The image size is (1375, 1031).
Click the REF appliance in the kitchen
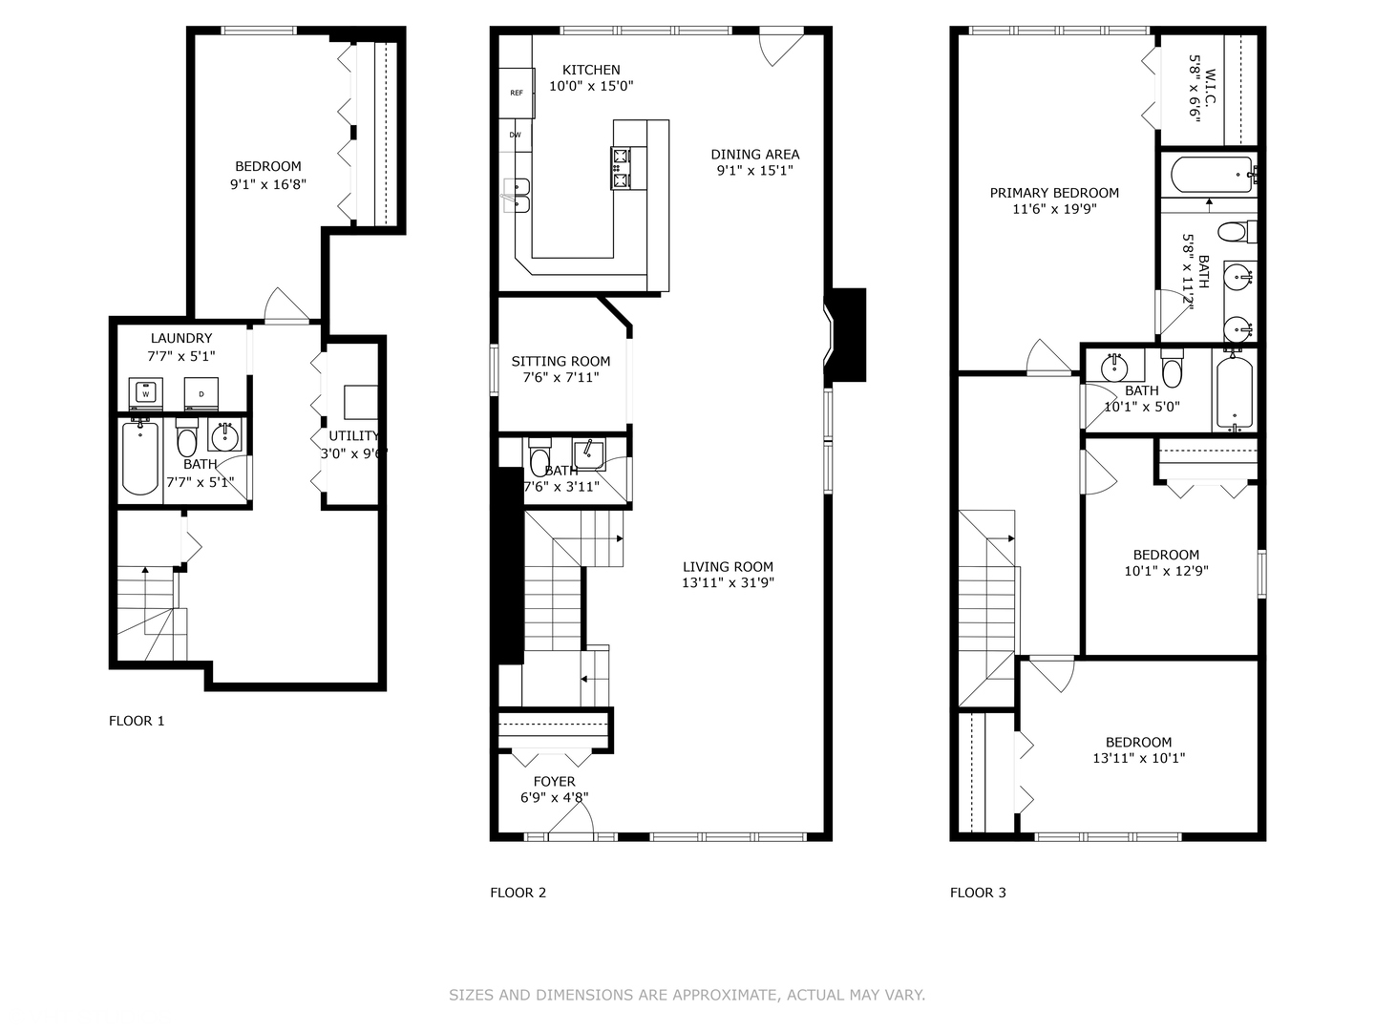pyautogui.click(x=517, y=93)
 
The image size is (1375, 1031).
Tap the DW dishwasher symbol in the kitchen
pyautogui.click(x=515, y=136)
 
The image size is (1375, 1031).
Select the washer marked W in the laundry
pyautogui.click(x=146, y=392)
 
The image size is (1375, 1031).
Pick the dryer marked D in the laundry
pyautogui.click(x=201, y=392)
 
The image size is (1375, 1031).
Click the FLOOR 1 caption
pyautogui.click(x=137, y=721)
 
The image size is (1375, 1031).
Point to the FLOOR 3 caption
pyautogui.click(x=978, y=893)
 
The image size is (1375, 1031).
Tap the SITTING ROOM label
pyautogui.click(x=561, y=361)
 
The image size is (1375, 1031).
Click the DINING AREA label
pyautogui.click(x=755, y=155)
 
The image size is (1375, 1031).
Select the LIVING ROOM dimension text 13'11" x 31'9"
pyautogui.click(x=728, y=582)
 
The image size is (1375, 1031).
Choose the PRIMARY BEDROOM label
pyautogui.click(x=1054, y=193)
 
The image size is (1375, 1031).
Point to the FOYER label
pyautogui.click(x=555, y=782)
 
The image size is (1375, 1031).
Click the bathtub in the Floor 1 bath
pyautogui.click(x=140, y=457)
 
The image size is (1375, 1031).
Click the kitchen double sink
pyautogui.click(x=517, y=196)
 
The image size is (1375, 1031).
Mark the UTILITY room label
pyautogui.click(x=354, y=436)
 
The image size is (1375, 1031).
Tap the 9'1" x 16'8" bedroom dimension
pyautogui.click(x=268, y=183)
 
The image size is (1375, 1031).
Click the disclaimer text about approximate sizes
pyautogui.click(x=687, y=995)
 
